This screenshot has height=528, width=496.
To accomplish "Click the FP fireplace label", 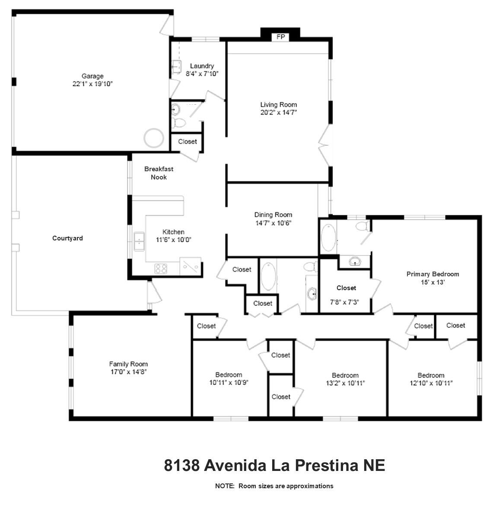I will pos(280,37).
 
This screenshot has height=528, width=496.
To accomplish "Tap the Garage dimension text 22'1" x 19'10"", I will pos(92,84).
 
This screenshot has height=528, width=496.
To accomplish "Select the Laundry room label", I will pos(202,66).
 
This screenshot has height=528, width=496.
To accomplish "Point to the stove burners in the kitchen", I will pos(161,269).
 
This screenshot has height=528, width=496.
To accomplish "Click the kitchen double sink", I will pos(139,241).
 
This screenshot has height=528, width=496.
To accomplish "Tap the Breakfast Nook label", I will pos(159,173).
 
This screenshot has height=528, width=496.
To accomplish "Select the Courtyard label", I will pos(67,238).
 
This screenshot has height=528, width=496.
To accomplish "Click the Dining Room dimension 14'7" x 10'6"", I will pos(273,223).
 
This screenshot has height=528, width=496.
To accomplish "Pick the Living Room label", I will pos(278,104).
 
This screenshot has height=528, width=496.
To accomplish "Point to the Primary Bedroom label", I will pos(432,274).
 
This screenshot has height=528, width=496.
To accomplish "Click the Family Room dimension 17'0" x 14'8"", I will pos(128,372).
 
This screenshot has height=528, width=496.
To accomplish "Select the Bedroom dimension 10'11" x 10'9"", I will pos(229,382).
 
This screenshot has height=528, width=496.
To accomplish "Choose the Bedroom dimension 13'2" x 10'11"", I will pos(345,383).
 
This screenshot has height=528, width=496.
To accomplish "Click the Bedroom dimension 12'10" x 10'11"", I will pos(431,383).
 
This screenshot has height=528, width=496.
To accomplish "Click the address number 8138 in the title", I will pos(181,466).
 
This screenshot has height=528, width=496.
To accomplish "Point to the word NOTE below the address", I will pos(224,486).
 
